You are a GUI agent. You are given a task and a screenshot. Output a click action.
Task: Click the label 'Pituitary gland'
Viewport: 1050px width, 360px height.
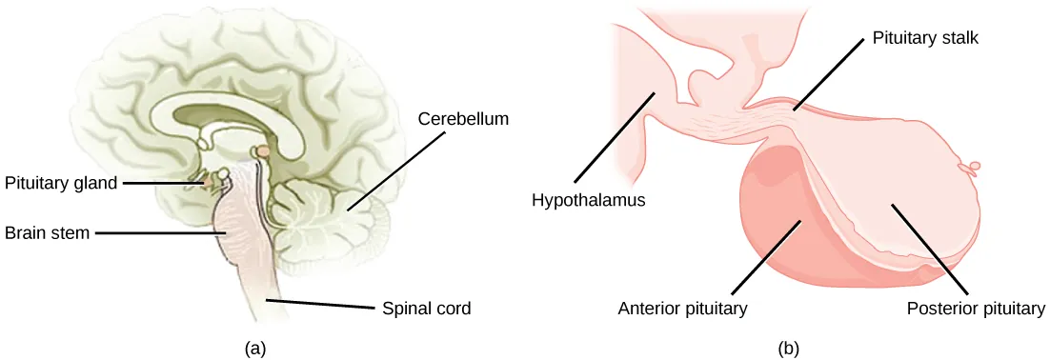pos(61,183)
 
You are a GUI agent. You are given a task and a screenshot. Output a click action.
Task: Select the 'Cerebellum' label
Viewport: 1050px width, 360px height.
pos(462,119)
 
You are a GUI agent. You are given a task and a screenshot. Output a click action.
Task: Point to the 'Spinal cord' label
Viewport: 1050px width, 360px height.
pos(426,309)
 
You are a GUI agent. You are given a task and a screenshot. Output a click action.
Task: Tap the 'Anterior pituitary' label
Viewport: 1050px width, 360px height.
pos(681,309)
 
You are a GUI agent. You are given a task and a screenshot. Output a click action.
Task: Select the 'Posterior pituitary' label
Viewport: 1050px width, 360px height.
pos(977,309)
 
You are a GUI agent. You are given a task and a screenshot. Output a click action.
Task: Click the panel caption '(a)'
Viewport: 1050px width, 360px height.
pos(255,348)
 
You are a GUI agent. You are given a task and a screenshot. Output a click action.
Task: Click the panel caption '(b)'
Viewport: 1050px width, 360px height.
pos(788,348)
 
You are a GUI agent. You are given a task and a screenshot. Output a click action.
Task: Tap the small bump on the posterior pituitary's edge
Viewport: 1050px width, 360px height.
pos(973,169)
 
